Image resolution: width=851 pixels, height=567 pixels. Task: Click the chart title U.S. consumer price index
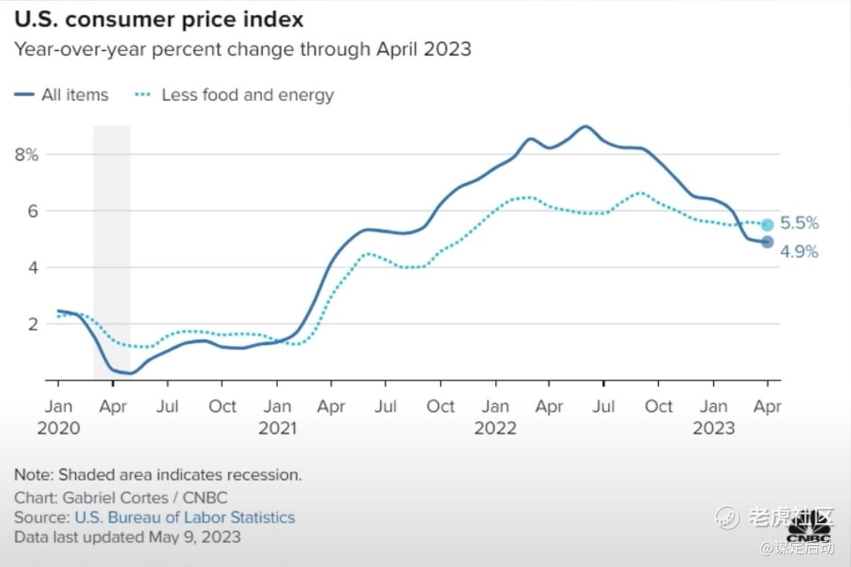pyautogui.click(x=159, y=18)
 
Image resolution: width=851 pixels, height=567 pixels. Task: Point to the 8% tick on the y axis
pyautogui.click(x=26, y=155)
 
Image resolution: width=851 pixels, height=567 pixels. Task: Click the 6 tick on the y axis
pyautogui.click(x=32, y=211)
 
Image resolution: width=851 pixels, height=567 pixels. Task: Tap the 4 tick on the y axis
pyautogui.click(x=32, y=268)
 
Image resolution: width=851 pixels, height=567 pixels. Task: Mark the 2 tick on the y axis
pyautogui.click(x=32, y=324)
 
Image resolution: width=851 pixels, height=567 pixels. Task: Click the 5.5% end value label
pyautogui.click(x=800, y=224)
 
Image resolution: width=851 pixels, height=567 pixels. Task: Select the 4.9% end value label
pyautogui.click(x=800, y=252)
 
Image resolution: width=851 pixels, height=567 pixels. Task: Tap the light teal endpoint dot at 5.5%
pyautogui.click(x=767, y=224)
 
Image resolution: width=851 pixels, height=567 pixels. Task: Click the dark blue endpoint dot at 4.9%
pyautogui.click(x=767, y=242)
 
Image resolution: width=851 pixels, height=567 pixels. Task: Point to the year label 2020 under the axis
pyautogui.click(x=58, y=428)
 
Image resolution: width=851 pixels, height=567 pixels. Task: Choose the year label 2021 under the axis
pyautogui.click(x=277, y=428)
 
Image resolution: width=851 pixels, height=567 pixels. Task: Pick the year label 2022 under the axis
pyautogui.click(x=495, y=428)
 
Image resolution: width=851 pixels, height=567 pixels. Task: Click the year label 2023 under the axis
pyautogui.click(x=713, y=428)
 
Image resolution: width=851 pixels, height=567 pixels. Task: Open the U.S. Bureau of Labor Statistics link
pyautogui.click(x=185, y=518)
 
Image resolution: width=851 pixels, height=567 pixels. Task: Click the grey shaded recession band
pyautogui.click(x=111, y=250)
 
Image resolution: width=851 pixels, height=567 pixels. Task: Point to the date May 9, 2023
pyautogui.click(x=194, y=537)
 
